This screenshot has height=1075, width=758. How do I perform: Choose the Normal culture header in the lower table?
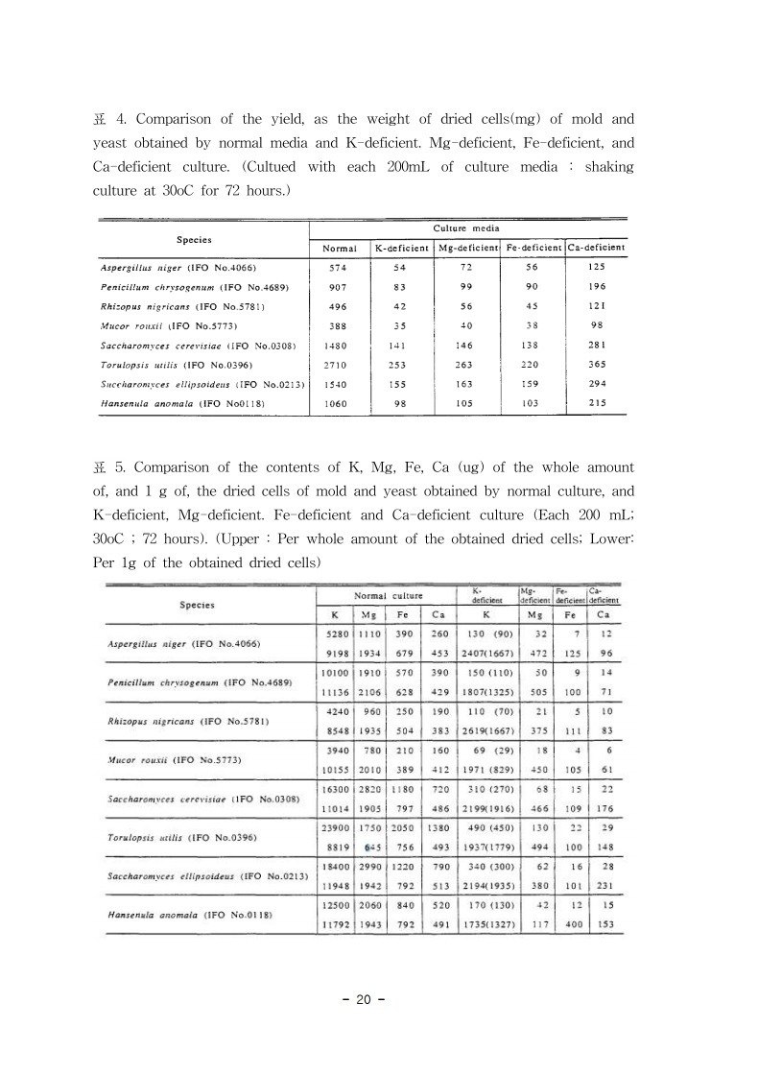click(x=389, y=596)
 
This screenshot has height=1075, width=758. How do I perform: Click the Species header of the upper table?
click(x=194, y=239)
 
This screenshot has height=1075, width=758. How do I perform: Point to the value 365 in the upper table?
click(x=597, y=366)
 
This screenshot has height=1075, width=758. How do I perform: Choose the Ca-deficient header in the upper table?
click(x=597, y=248)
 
